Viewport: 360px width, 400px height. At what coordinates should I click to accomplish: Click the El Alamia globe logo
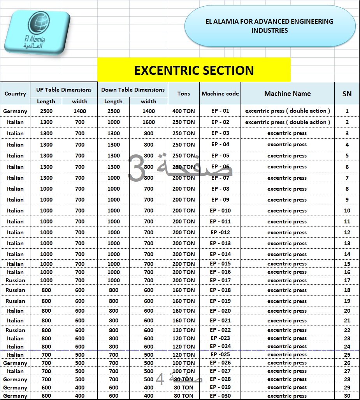coord(37,32)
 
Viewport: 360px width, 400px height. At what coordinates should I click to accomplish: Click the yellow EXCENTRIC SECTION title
coord(194,70)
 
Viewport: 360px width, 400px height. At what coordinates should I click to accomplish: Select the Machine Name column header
coord(287,94)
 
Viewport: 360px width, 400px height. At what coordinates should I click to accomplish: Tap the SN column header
coord(347,94)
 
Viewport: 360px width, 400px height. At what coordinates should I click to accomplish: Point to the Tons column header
coord(184,94)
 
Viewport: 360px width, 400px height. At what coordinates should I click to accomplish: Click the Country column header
coord(15,94)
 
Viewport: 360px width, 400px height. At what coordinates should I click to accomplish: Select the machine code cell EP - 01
coord(220,111)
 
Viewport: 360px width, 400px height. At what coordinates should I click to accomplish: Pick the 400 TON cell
coord(184,111)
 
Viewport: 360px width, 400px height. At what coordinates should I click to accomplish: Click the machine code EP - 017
coord(220,280)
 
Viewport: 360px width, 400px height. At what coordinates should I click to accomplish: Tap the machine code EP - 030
coord(220,396)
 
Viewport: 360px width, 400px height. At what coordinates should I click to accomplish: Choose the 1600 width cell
coord(149,122)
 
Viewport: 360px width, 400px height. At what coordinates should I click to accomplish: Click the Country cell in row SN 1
coord(15,111)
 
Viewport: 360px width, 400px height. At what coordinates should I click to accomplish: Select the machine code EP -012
coord(220,232)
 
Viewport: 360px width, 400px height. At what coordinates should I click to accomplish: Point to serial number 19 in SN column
coord(347,301)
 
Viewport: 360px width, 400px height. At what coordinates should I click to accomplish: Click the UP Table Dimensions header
coord(64,90)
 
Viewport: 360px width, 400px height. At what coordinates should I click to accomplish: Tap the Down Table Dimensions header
coord(133,90)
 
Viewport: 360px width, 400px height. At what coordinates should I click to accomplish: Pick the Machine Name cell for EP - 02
coord(287,122)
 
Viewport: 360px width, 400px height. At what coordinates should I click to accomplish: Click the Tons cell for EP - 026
coord(184,363)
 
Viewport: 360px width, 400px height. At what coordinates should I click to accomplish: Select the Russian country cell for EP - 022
coord(15,330)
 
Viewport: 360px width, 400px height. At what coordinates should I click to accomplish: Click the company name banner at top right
coord(270,26)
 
